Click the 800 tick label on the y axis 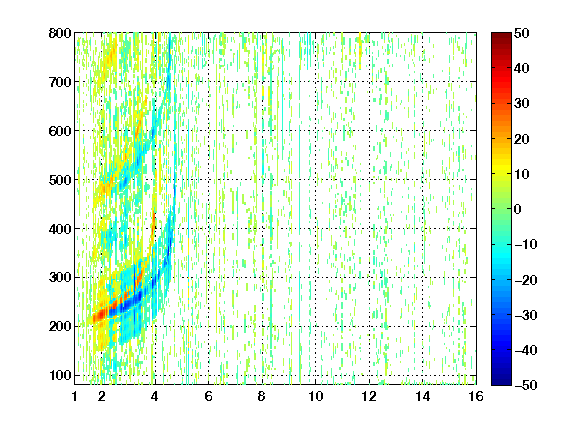60,33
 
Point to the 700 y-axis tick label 60,82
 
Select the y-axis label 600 60,131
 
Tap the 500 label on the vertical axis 60,180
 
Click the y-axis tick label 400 60,229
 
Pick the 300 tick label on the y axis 60,277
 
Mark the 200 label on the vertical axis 60,326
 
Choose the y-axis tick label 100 60,375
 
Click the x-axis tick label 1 75,396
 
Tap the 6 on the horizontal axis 208,396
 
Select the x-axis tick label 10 316,396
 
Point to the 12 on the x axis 369,396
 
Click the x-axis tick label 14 423,396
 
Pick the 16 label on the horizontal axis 476,396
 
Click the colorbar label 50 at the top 522,33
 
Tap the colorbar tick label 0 518,209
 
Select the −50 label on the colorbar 526,385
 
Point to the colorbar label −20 526,280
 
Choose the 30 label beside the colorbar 522,103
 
